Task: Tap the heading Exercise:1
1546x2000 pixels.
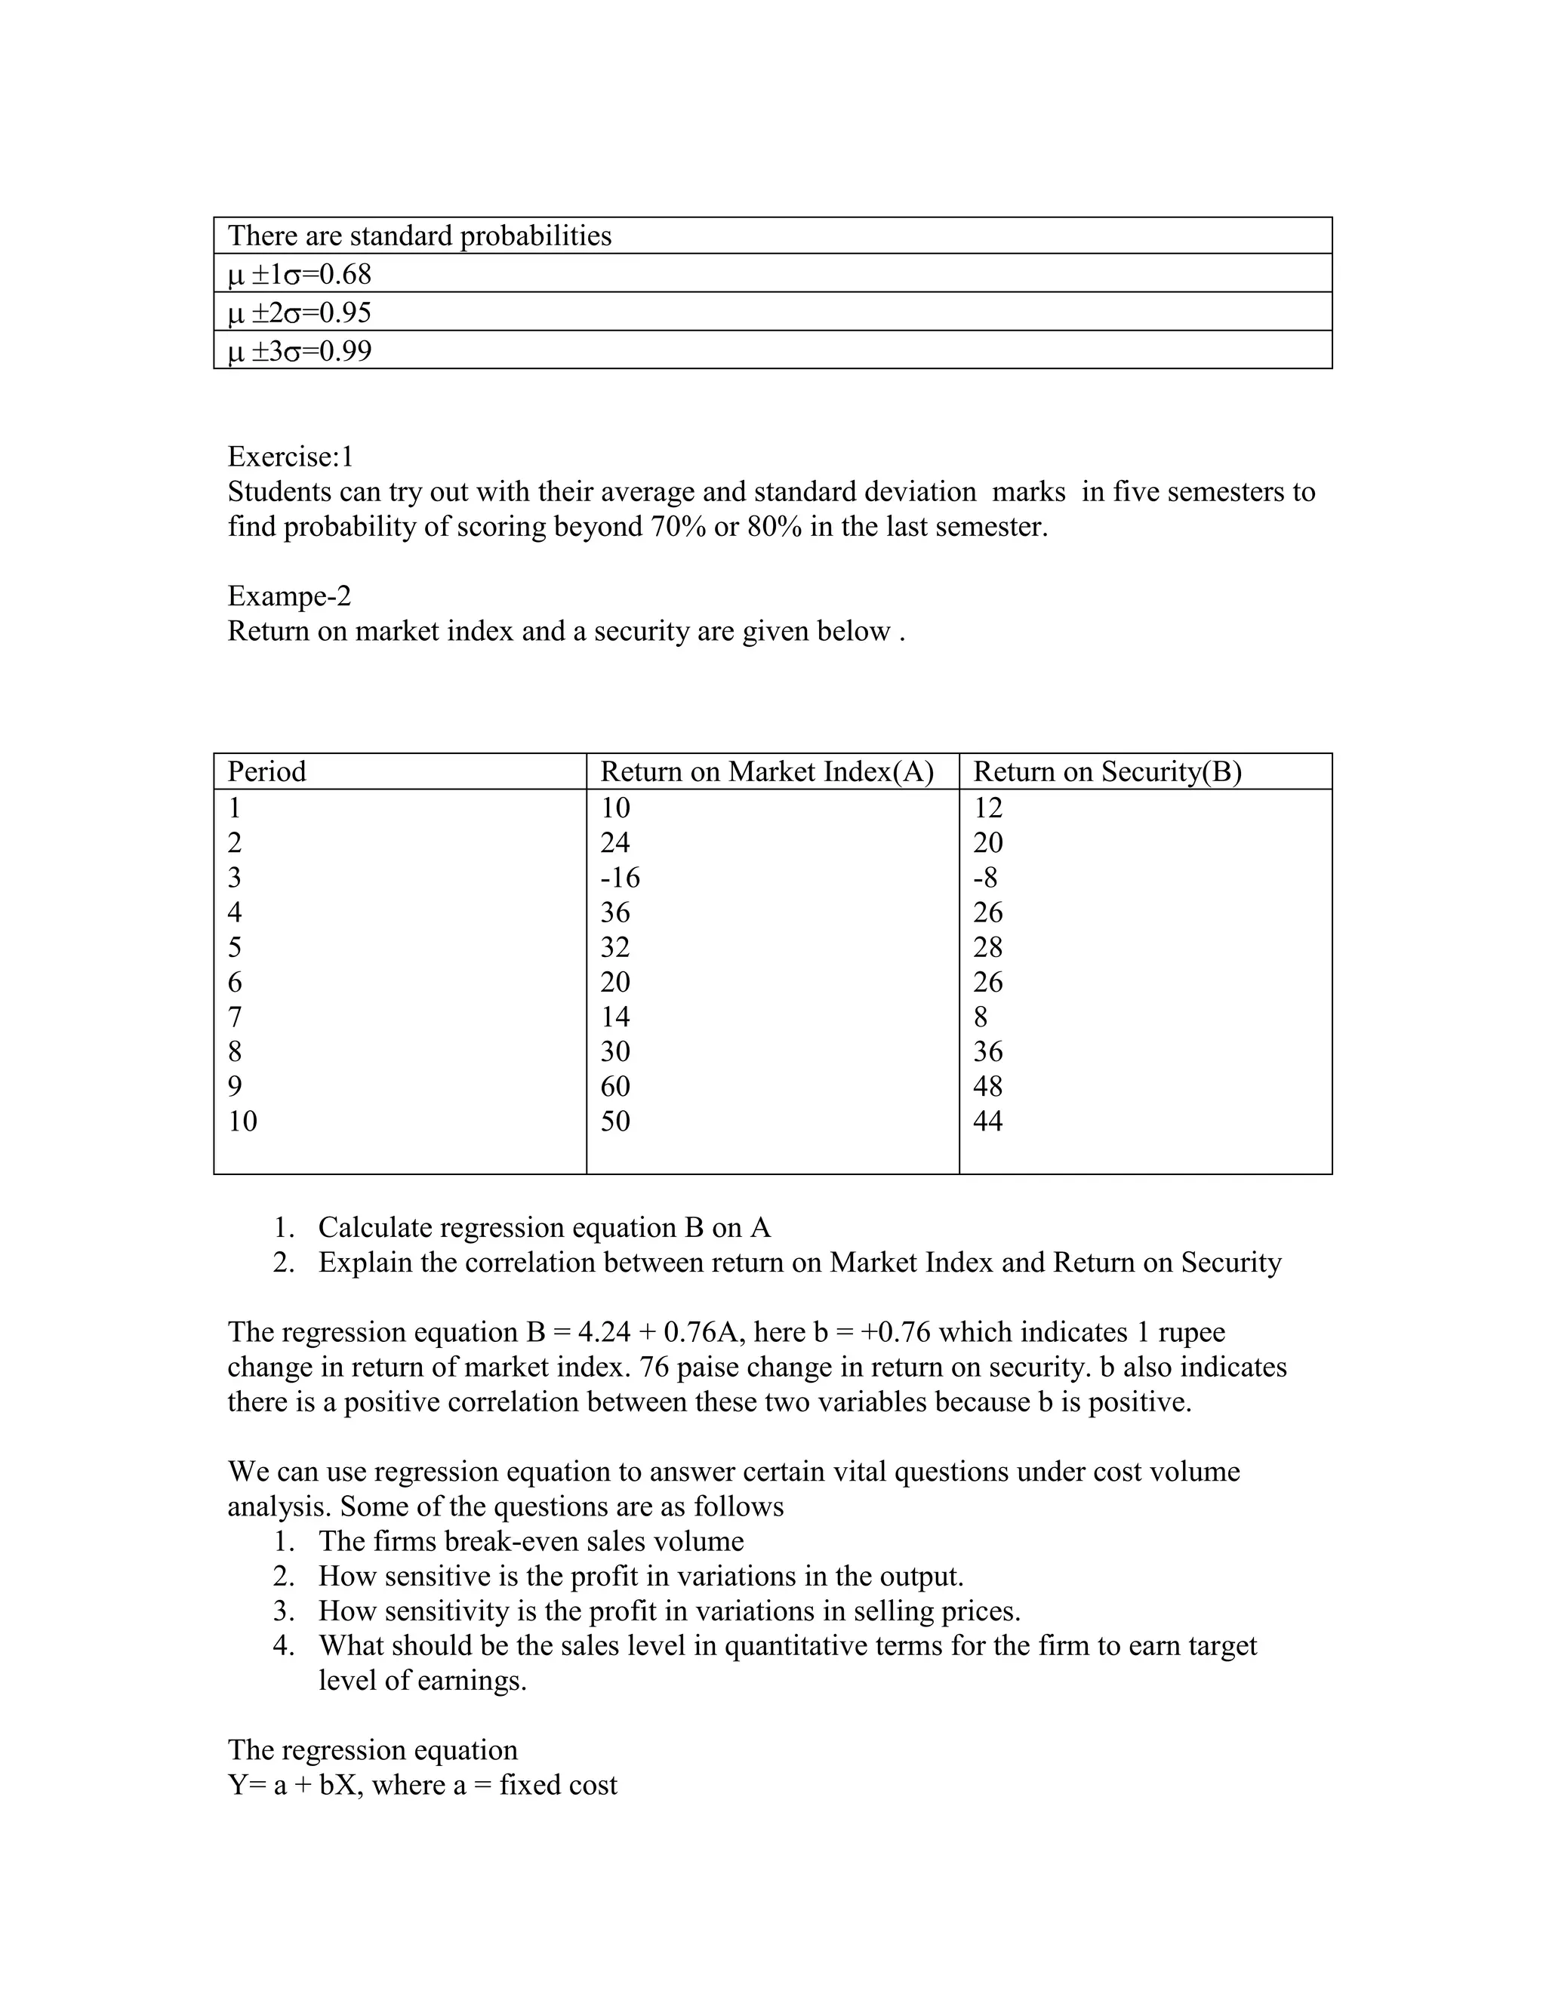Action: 291,456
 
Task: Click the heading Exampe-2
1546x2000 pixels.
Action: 289,596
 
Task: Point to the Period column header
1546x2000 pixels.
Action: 266,771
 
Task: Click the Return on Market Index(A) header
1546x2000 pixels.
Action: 767,771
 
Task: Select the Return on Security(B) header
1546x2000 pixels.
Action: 1107,771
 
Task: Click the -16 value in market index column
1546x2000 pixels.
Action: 620,877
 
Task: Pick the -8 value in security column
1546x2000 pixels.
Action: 985,877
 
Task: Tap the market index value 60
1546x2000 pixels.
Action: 615,1086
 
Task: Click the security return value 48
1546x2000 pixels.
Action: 987,1086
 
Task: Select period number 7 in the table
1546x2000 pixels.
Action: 235,1017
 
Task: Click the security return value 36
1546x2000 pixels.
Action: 987,1051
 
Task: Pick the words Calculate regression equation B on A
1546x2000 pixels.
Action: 544,1227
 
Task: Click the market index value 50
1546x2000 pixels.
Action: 615,1121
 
